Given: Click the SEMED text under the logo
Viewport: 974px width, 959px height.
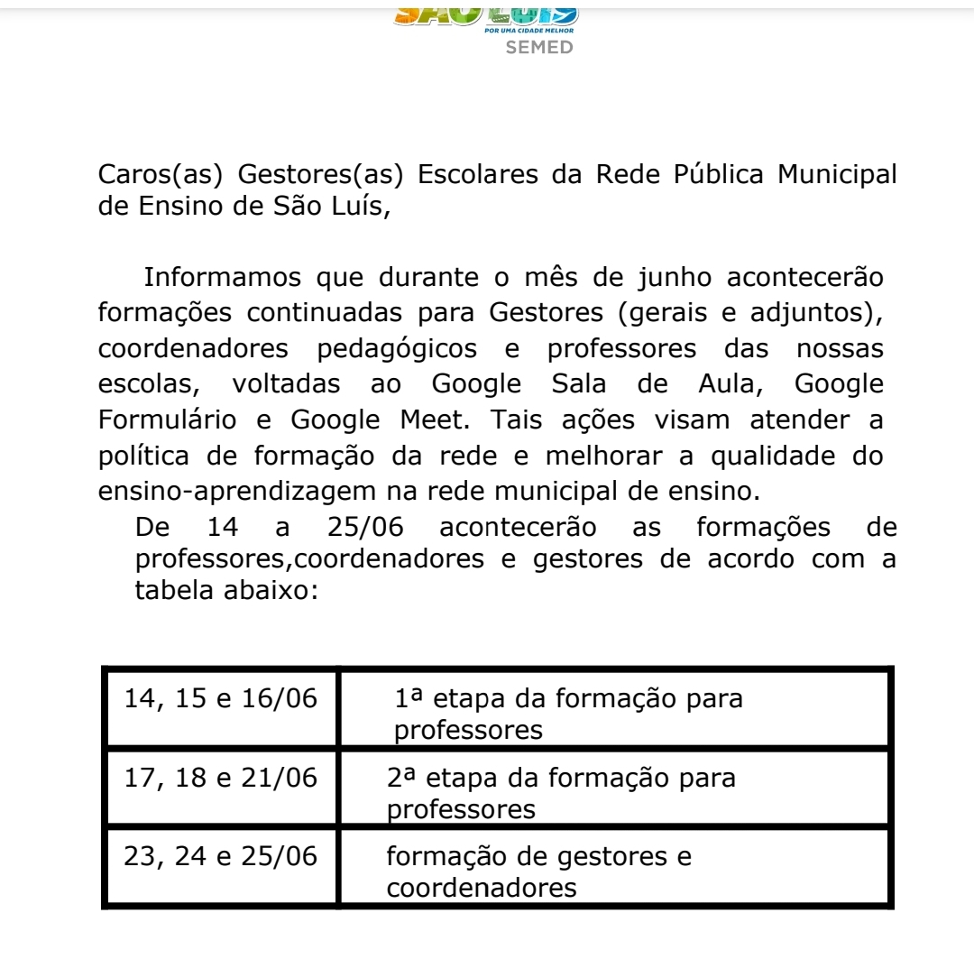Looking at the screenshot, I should [x=539, y=47].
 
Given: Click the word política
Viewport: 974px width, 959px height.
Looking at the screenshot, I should [x=142, y=456].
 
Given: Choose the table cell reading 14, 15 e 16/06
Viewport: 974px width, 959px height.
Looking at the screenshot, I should [x=222, y=699].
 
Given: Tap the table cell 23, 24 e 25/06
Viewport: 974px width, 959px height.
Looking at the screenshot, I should [x=222, y=856].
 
